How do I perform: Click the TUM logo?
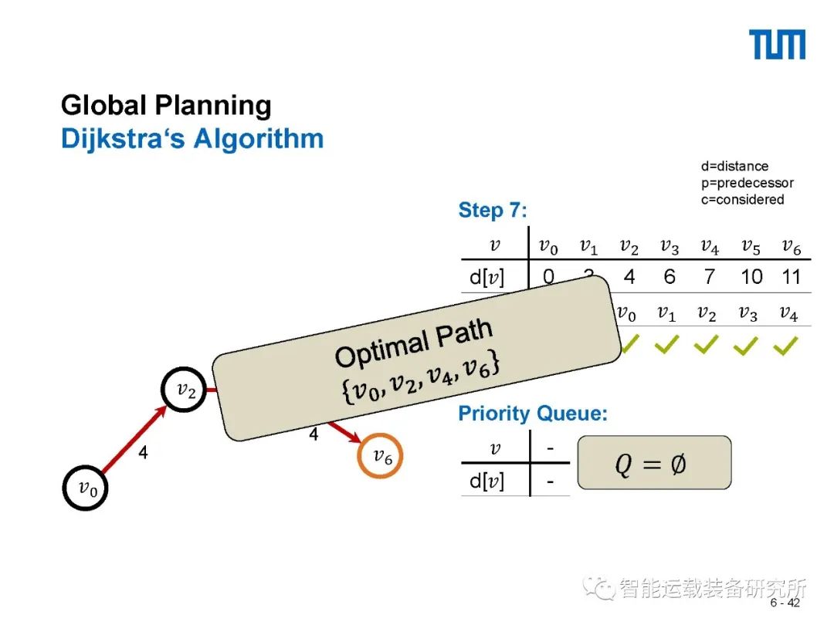777,45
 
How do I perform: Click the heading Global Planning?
166,106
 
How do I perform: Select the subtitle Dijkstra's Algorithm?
192,140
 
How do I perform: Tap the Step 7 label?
492,210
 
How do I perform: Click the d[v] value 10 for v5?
751,276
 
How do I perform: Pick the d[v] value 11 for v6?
792,276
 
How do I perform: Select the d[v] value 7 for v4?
710,276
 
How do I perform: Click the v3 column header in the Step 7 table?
670,247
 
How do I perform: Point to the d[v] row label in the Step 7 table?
486,276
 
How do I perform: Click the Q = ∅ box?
653,463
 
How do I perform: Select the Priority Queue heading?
533,414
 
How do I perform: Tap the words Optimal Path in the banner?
413,343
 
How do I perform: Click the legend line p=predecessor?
747,183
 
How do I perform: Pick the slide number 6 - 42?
785,603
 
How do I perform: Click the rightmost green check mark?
785,347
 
